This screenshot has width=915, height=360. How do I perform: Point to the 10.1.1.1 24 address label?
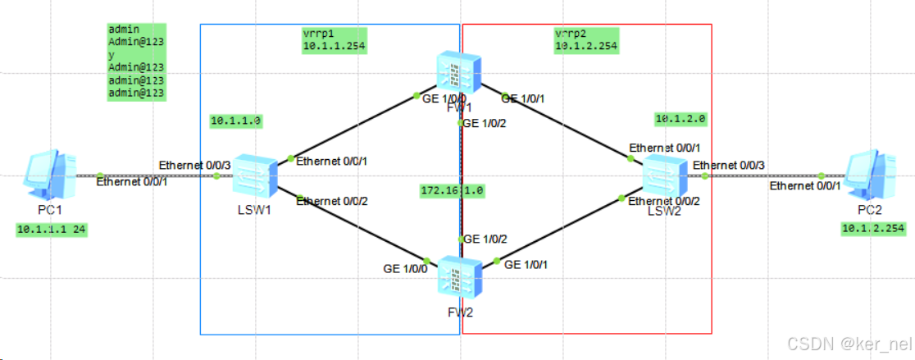pyautogui.click(x=51, y=230)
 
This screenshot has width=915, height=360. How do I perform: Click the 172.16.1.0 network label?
pyautogui.click(x=452, y=190)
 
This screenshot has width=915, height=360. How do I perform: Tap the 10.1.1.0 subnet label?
pyautogui.click(x=235, y=121)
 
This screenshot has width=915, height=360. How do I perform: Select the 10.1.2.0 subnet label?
pyautogui.click(x=681, y=118)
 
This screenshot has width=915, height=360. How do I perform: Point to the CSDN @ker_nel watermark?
pyautogui.click(x=849, y=344)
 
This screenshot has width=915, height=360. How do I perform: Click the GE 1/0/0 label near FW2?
pyautogui.click(x=405, y=268)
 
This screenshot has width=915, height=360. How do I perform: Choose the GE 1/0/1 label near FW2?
pyautogui.click(x=526, y=265)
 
